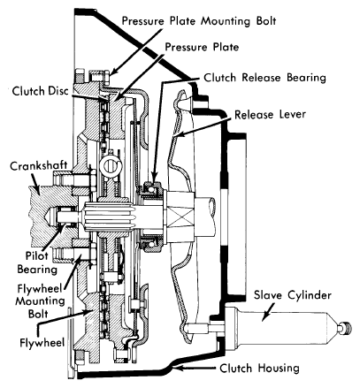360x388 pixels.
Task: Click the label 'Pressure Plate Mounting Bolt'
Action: click(x=199, y=21)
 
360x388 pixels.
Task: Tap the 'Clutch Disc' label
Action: click(x=40, y=91)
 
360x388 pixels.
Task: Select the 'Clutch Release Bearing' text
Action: click(x=264, y=78)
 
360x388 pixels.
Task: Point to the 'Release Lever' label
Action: click(x=270, y=114)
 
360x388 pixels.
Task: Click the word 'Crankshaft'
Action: click(x=39, y=166)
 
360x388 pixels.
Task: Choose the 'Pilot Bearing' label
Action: click(x=37, y=262)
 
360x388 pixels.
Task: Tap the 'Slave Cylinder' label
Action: click(x=293, y=295)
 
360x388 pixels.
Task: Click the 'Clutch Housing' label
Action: click(x=259, y=368)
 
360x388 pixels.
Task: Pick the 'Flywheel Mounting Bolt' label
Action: click(x=40, y=301)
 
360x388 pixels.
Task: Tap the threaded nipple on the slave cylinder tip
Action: click(x=346, y=328)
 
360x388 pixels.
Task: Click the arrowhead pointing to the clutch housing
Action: click(x=177, y=368)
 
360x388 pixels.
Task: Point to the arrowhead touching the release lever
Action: click(x=177, y=135)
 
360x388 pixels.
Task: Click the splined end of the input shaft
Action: click(x=110, y=217)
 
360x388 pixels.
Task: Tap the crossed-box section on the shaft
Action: click(x=180, y=217)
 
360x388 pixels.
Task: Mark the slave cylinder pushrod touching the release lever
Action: click(x=198, y=327)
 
